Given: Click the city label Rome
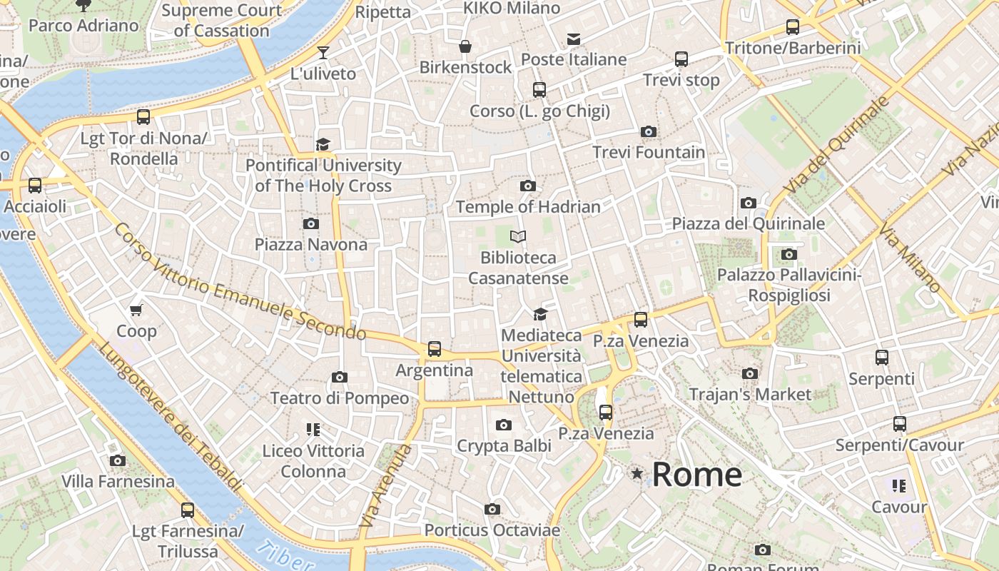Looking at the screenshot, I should pyautogui.click(x=696, y=475).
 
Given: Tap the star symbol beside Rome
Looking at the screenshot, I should pyautogui.click(x=637, y=473).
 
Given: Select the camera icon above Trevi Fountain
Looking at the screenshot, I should pyautogui.click(x=648, y=131).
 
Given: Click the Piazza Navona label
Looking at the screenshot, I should pyautogui.click(x=311, y=244).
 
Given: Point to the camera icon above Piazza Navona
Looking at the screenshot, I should pyautogui.click(x=310, y=223).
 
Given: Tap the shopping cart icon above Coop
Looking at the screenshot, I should pyautogui.click(x=136, y=310).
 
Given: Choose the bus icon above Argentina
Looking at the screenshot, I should pyautogui.click(x=434, y=349).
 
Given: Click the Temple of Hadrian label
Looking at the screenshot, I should pyautogui.click(x=528, y=207).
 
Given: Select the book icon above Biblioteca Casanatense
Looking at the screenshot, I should pyautogui.click(x=518, y=236).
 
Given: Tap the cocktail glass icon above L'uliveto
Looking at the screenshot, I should pyautogui.click(x=323, y=52).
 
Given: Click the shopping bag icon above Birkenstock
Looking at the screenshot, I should pyautogui.click(x=465, y=46).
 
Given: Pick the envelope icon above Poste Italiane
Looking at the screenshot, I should pyautogui.click(x=574, y=39).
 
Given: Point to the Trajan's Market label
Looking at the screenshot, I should pyautogui.click(x=750, y=394).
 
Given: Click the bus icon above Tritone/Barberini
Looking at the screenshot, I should pyautogui.click(x=792, y=27).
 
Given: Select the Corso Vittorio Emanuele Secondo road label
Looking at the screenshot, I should pyautogui.click(x=239, y=282).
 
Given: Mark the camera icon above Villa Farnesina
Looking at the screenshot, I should pyautogui.click(x=118, y=461).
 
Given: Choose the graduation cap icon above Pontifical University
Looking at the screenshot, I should pyautogui.click(x=323, y=144).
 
